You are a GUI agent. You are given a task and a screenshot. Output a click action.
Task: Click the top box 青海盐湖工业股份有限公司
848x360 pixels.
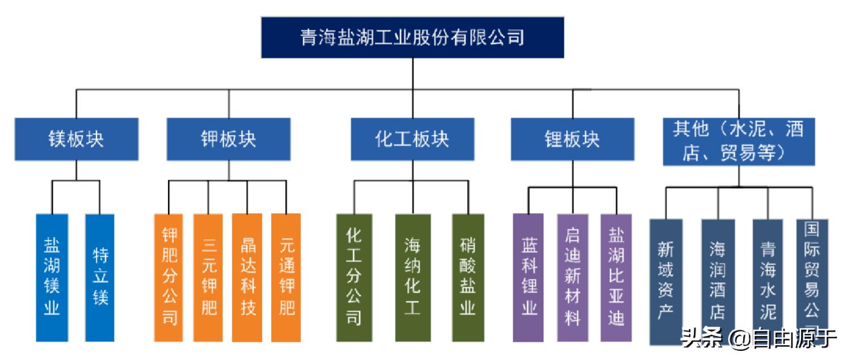coord(412,37)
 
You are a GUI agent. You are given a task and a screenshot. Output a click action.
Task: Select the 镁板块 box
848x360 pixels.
coord(76,139)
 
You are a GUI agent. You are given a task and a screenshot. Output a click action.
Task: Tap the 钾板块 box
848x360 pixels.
coord(229,139)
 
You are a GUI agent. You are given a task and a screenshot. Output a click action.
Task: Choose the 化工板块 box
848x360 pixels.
coord(412,139)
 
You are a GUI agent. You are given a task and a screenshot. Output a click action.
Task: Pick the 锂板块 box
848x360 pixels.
coord(572,139)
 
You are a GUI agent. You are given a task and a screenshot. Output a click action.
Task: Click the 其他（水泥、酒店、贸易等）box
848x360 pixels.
coord(739,141)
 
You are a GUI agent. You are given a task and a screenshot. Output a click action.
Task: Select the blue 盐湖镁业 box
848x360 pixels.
coord(52,277)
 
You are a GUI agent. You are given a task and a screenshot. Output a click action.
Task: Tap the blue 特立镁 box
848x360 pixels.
coord(100,277)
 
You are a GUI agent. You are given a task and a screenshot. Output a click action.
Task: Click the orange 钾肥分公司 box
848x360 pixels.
coord(170,277)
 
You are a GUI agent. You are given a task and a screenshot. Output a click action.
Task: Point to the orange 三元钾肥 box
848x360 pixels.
coord(208,277)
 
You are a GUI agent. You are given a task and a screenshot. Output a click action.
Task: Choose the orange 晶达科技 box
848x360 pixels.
coord(247,277)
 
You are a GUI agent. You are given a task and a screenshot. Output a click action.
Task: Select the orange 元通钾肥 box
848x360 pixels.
coord(286,277)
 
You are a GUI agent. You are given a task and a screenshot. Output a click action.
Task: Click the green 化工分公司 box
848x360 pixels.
coord(354,277)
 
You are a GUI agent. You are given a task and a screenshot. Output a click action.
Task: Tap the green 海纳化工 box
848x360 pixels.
coord(412,277)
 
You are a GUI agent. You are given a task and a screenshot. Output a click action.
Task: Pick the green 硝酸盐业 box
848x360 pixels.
coord(468,277)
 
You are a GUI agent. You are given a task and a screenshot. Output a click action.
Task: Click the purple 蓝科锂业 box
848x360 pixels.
coord(528,277)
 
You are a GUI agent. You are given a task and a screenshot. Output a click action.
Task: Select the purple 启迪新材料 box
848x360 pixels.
coord(572,277)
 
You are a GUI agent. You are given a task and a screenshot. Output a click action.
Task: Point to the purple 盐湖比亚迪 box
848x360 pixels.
coord(616,277)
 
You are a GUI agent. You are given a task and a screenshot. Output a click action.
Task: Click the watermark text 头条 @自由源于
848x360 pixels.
coord(759,340)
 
